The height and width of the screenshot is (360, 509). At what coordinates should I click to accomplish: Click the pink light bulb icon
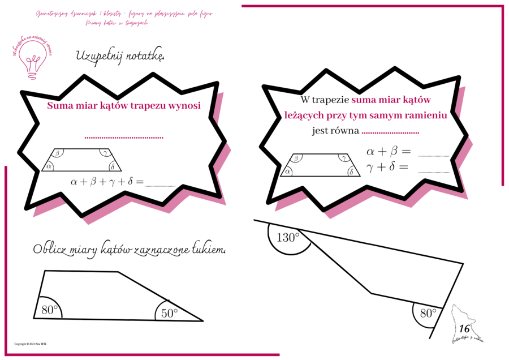click(32, 61)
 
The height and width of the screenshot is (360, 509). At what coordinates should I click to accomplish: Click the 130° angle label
click(288, 238)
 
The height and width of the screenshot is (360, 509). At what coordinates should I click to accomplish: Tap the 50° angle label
click(169, 312)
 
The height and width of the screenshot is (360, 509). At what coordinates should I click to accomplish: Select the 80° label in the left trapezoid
click(50, 310)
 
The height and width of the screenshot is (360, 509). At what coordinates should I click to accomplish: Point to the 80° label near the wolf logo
click(427, 313)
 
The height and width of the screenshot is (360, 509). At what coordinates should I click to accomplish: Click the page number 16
click(465, 328)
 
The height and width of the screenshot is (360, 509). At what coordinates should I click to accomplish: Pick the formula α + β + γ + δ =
click(107, 182)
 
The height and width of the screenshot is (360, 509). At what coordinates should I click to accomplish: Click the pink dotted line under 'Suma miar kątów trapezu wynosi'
click(123, 138)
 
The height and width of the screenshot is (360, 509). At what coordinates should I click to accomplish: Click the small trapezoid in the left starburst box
click(81, 160)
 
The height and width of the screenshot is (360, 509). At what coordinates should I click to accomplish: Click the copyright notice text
click(31, 344)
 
